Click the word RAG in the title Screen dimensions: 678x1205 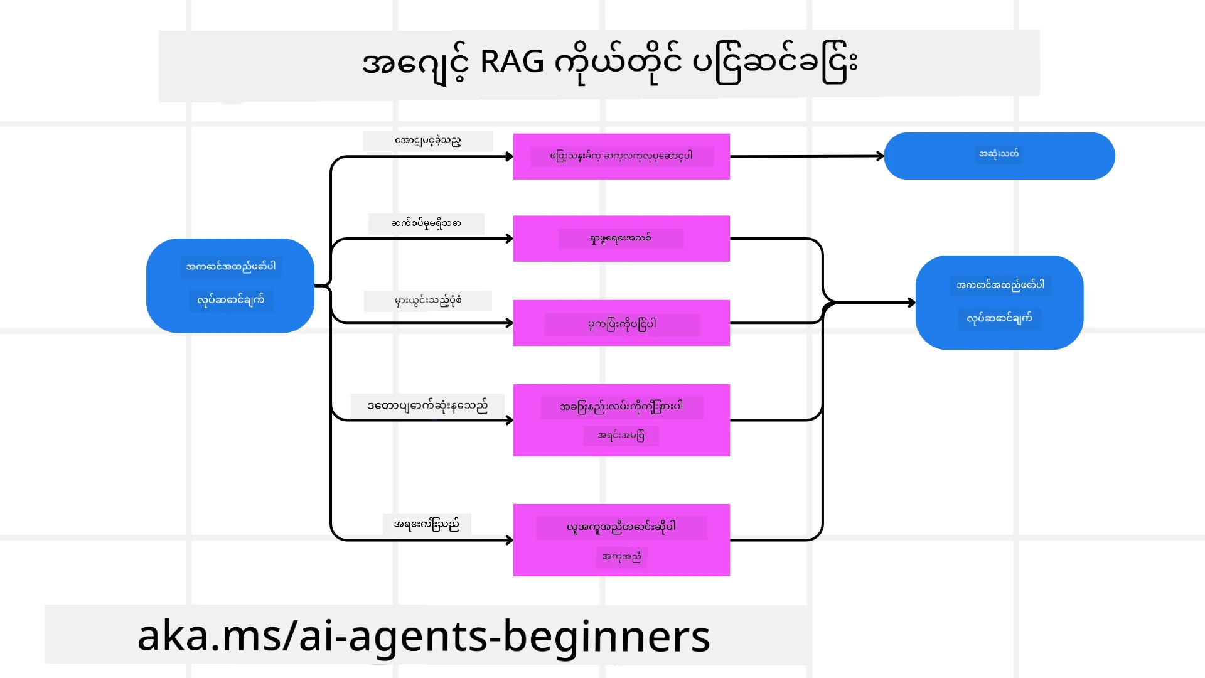pyautogui.click(x=511, y=62)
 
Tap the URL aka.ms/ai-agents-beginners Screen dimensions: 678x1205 pyautogui.click(x=424, y=636)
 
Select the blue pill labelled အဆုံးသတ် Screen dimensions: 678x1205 pyautogui.click(x=999, y=155)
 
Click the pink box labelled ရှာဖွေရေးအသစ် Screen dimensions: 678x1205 pyautogui.click(x=621, y=239)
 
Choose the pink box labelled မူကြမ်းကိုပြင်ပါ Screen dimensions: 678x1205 pyautogui.click(x=621, y=323)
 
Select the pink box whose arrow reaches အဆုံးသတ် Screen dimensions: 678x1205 pyautogui.click(x=621, y=156)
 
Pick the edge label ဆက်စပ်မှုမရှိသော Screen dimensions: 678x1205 pyautogui.click(x=426, y=223)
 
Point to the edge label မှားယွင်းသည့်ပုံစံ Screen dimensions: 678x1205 pyautogui.click(x=428, y=301)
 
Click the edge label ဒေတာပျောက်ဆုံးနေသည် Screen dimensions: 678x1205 pyautogui.click(x=427, y=406)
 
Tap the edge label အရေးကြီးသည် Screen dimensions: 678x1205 pyautogui.click(x=427, y=524)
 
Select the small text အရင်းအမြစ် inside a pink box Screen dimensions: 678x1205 pyautogui.click(x=621, y=436)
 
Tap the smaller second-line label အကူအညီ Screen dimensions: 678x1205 pyautogui.click(x=621, y=557)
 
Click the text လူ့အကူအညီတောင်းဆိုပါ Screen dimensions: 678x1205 pyautogui.click(x=621, y=527)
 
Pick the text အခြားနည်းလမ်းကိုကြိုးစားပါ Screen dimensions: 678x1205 pyautogui.click(x=621, y=407)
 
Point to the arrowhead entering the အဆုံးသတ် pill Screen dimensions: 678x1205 pyautogui.click(x=881, y=156)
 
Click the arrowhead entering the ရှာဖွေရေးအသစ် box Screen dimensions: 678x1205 pyautogui.click(x=510, y=239)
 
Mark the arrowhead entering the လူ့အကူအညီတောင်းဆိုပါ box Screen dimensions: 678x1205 pyautogui.click(x=510, y=540)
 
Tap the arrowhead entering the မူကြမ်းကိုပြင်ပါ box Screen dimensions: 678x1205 pyautogui.click(x=510, y=323)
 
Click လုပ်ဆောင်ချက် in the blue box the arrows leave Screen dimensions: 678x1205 pyautogui.click(x=231, y=300)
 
